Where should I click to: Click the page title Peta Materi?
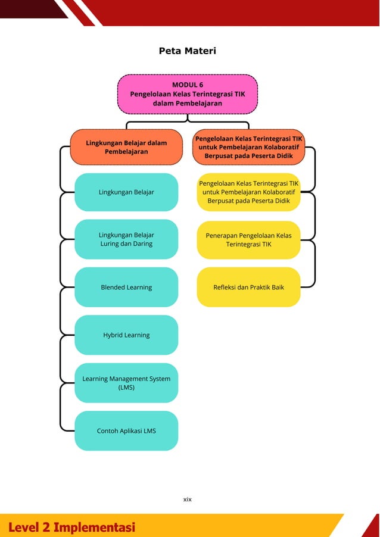click(187, 51)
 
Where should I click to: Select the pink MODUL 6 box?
click(187, 94)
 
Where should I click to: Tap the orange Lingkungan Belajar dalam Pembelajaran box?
click(126, 147)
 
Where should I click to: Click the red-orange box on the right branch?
click(248, 147)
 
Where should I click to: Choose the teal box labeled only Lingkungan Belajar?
click(126, 192)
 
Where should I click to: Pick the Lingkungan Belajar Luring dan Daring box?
click(126, 239)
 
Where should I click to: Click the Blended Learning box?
click(126, 287)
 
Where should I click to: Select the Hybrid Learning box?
click(126, 335)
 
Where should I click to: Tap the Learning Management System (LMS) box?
click(126, 383)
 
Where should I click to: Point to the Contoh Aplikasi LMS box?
click(126, 430)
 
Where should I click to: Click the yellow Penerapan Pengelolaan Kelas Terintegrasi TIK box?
click(248, 240)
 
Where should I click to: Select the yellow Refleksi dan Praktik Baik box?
click(248, 287)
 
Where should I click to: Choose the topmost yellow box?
click(248, 192)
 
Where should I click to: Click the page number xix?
click(187, 499)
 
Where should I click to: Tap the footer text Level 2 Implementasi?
click(71, 527)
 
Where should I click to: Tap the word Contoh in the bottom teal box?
click(108, 430)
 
